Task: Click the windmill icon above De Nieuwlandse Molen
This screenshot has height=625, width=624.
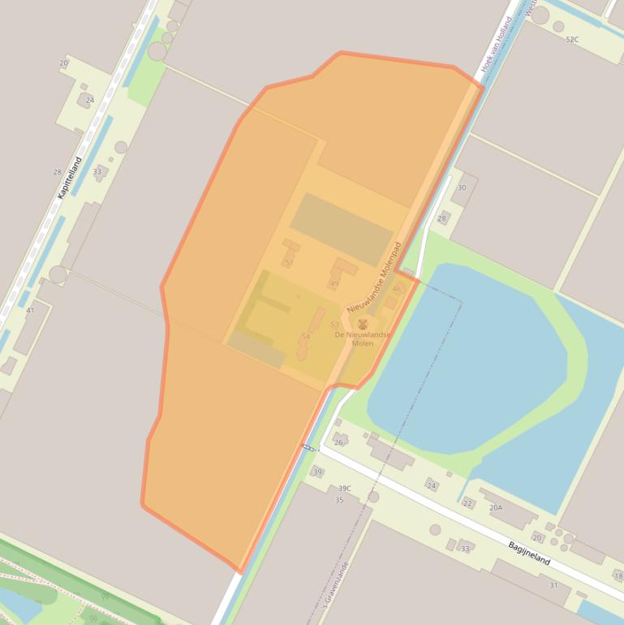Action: click(362, 324)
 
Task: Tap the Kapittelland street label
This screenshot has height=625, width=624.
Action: click(70, 178)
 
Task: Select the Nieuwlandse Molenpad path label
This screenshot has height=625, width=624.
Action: click(375, 277)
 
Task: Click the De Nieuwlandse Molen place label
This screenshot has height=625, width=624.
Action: click(362, 338)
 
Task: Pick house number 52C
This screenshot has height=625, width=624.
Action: click(572, 39)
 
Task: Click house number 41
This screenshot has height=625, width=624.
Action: click(30, 310)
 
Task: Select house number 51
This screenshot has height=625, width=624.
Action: click(289, 262)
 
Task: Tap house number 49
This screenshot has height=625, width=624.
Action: click(334, 284)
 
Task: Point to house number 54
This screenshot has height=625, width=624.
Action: click(305, 336)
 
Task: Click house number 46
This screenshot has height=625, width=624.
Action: click(397, 289)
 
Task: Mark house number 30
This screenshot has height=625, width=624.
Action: click(462, 187)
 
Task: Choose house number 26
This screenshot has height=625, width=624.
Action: click(338, 442)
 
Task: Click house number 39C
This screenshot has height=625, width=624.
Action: click(345, 488)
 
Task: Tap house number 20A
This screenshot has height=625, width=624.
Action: click(495, 507)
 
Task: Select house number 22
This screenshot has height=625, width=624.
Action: click(467, 503)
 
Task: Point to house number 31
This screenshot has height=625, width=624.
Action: click(553, 585)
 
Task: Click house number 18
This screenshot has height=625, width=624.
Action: click(618, 575)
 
